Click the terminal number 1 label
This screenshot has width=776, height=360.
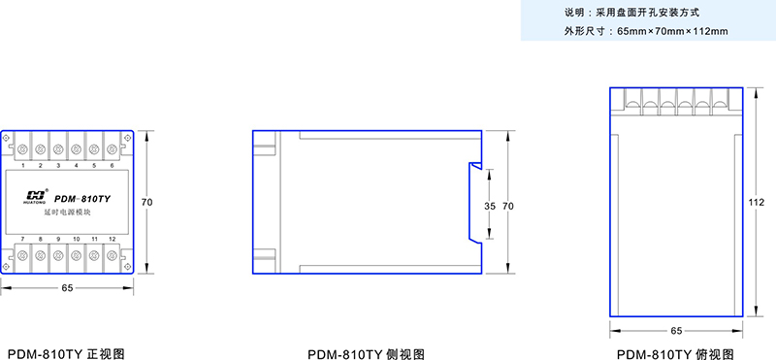click(22, 165)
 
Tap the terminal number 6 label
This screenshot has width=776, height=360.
click(113, 165)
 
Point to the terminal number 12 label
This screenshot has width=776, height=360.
click(113, 239)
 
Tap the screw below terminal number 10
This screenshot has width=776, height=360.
click(77, 255)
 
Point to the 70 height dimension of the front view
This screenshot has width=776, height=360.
click(147, 202)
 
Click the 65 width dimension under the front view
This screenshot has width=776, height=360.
click(68, 288)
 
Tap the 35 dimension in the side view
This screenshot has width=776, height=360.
click(489, 207)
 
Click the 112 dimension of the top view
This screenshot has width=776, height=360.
click(758, 202)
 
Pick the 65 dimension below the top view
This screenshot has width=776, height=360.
click(677, 331)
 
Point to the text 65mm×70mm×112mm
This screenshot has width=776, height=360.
click(672, 31)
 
